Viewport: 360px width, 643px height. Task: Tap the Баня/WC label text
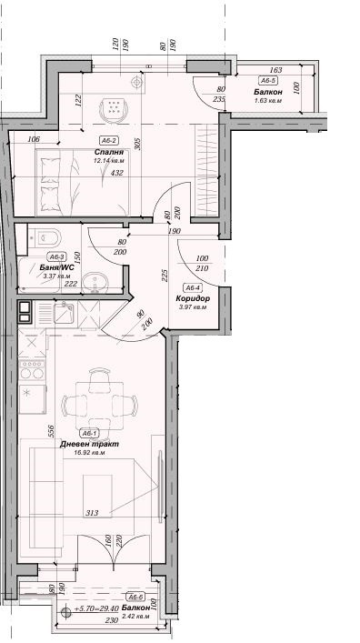(x=45, y=268)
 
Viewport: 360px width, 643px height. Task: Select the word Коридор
(x=193, y=298)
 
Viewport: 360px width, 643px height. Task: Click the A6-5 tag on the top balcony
(x=268, y=81)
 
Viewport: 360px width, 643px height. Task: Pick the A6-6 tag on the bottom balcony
(x=135, y=596)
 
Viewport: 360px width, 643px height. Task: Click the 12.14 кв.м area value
(x=107, y=161)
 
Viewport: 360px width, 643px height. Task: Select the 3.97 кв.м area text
(x=193, y=307)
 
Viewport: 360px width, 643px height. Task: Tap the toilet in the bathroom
(x=50, y=239)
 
